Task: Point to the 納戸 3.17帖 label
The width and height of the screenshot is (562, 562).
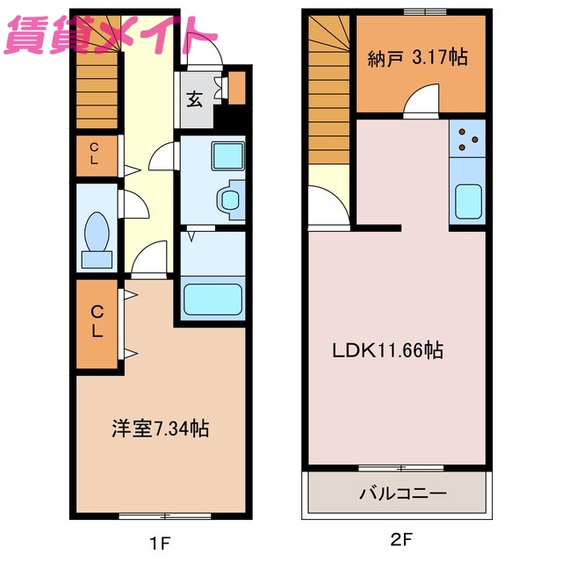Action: tap(417, 58)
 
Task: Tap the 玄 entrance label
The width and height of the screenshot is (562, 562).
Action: tap(194, 98)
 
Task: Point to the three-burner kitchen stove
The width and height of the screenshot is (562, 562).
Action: tap(468, 137)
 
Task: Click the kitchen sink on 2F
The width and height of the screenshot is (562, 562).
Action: tap(469, 203)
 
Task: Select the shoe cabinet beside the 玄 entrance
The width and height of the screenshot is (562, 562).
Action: tap(236, 88)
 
